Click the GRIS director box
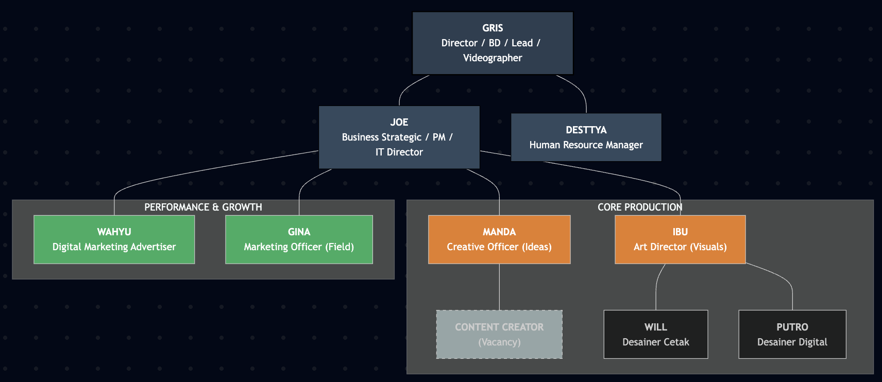pyautogui.click(x=493, y=43)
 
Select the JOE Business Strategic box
pyautogui.click(x=399, y=137)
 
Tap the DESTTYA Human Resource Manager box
pyautogui.click(x=586, y=137)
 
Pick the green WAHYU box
pyautogui.click(x=114, y=239)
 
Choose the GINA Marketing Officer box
pyautogui.click(x=299, y=239)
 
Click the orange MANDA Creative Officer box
pyautogui.click(x=499, y=239)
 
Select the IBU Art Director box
pyautogui.click(x=680, y=239)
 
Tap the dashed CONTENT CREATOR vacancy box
pyautogui.click(x=499, y=334)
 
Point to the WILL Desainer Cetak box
pyautogui.click(x=655, y=334)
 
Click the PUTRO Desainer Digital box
pyautogui.click(x=792, y=334)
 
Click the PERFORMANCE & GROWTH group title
pyautogui.click(x=203, y=207)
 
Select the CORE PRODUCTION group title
pyautogui.click(x=639, y=207)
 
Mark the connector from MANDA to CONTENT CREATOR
pyautogui.click(x=499, y=287)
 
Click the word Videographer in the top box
pyautogui.click(x=493, y=58)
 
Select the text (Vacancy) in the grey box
pyautogui.click(x=499, y=342)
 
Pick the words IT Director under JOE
pyautogui.click(x=399, y=152)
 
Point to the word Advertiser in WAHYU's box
pyautogui.click(x=153, y=247)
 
